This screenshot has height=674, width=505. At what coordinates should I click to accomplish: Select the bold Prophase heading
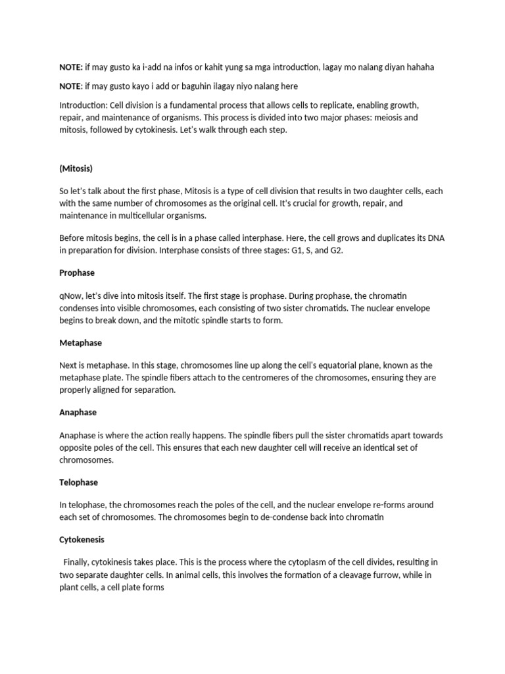pyautogui.click(x=77, y=272)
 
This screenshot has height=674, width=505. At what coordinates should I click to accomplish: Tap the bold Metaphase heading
pyautogui.click(x=80, y=343)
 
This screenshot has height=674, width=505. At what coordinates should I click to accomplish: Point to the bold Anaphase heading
pyautogui.click(x=78, y=413)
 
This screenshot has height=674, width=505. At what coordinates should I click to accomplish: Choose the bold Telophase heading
pyautogui.click(x=78, y=482)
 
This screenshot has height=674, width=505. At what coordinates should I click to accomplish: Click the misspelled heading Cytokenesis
pyautogui.click(x=82, y=540)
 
